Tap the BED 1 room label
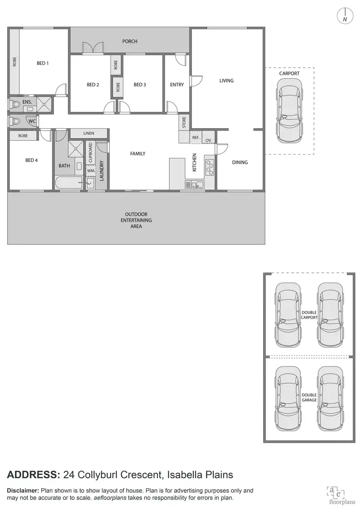tap(43, 63)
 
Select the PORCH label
tap(130, 41)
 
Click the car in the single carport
tap(289, 111)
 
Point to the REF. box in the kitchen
tap(196, 137)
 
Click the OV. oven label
tap(209, 140)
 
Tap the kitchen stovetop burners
tap(210, 167)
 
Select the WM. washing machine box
tap(91, 170)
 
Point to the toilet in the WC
tap(16, 121)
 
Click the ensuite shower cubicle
tap(46, 104)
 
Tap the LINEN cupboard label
tap(89, 133)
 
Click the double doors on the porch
tap(93, 48)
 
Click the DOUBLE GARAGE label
tap(309, 397)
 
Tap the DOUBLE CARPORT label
tap(309, 315)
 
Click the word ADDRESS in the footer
tap(33, 475)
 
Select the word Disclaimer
tap(23, 490)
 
